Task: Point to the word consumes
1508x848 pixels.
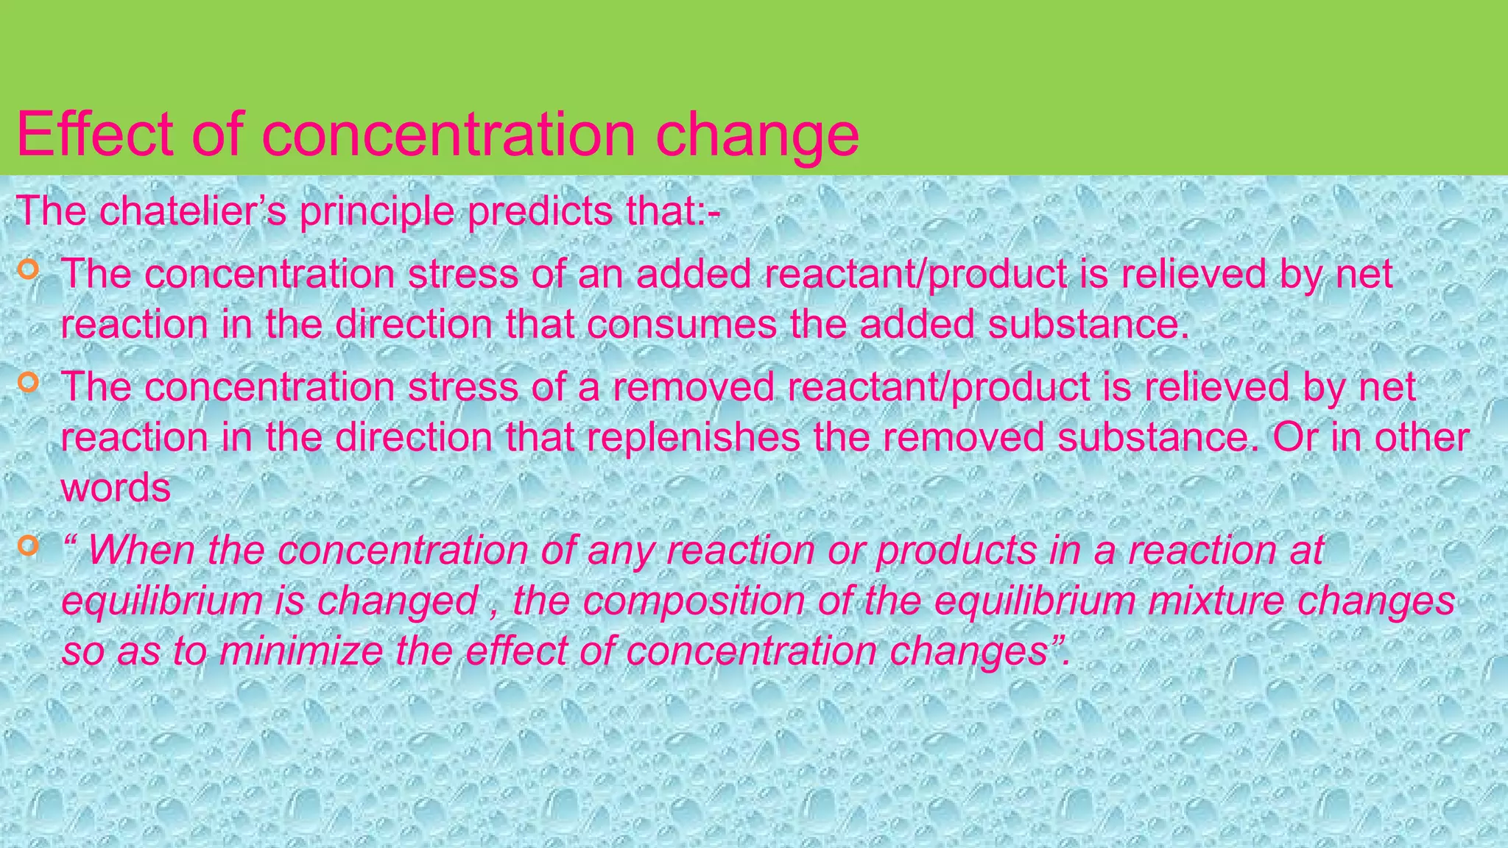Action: pos(682,325)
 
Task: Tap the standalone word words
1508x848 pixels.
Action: pos(116,487)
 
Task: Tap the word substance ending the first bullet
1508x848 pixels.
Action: pos(1088,325)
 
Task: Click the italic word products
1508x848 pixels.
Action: pos(956,551)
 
